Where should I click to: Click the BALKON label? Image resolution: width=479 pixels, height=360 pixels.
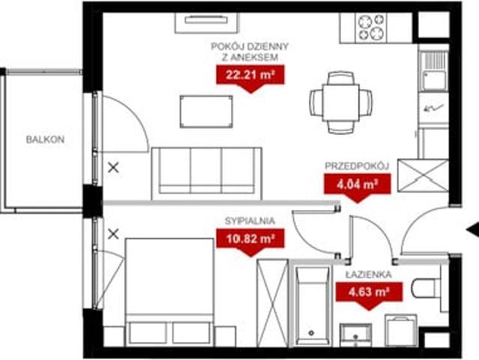pyautogui.click(x=45, y=139)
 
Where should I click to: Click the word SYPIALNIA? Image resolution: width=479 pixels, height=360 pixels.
pyautogui.click(x=250, y=221)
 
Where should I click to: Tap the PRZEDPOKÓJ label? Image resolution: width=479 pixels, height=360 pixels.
pyautogui.click(x=357, y=166)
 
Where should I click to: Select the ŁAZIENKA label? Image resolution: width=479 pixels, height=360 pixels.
pyautogui.click(x=369, y=274)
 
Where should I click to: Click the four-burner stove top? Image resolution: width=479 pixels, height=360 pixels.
pyautogui.click(x=371, y=28)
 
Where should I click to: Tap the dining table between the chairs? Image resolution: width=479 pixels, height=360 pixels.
pyautogui.click(x=341, y=103)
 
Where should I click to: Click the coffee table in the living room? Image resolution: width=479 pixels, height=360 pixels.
pyautogui.click(x=206, y=112)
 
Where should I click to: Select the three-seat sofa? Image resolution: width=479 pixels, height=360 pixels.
pyautogui.click(x=206, y=173)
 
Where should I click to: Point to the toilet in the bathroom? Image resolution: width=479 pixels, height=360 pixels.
pyautogui.click(x=426, y=288)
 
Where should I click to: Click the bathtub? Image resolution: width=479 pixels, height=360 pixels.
pyautogui.click(x=312, y=305)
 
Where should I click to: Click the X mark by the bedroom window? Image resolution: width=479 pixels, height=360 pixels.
pyautogui.click(x=113, y=235)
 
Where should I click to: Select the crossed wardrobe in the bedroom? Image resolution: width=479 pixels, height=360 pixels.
pyautogui.click(x=273, y=303)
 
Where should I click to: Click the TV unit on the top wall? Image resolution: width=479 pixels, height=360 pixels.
pyautogui.click(x=206, y=22)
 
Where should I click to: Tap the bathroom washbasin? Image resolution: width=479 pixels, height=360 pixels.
pyautogui.click(x=355, y=335)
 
